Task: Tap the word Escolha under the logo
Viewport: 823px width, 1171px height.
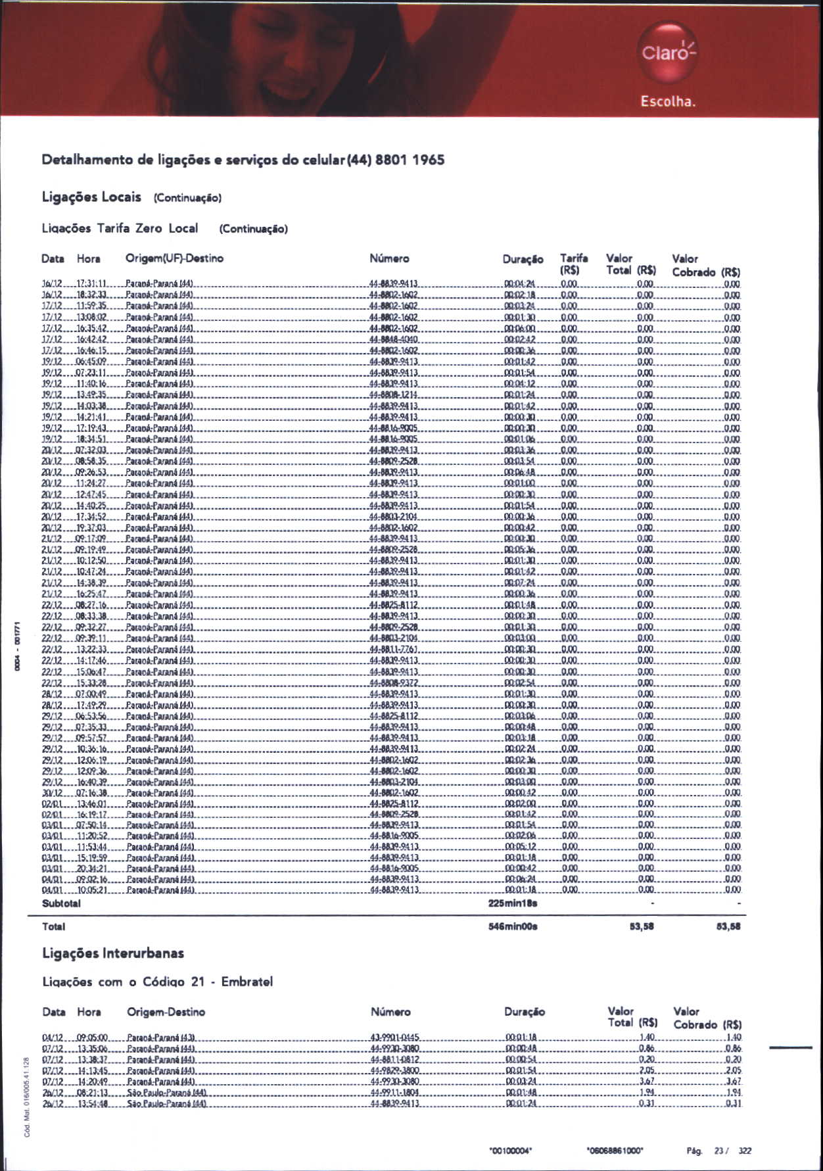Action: [x=668, y=102]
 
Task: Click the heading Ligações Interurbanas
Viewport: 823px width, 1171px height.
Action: [x=113, y=953]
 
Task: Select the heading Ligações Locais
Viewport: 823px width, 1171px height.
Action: [x=91, y=197]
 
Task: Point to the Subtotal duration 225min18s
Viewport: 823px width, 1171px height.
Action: [x=513, y=903]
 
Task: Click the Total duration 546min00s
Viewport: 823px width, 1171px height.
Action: [x=513, y=926]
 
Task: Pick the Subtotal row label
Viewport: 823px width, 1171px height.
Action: [x=61, y=903]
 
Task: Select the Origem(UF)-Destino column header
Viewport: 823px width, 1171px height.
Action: [x=174, y=258]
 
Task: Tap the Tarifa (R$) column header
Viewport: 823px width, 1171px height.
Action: [x=573, y=264]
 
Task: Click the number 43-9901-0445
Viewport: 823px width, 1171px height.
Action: [x=394, y=1038]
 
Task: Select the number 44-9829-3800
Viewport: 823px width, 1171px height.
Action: [x=394, y=1070]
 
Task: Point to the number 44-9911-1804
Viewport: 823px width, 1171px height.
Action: [x=394, y=1092]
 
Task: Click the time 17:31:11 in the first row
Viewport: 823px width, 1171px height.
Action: [x=91, y=284]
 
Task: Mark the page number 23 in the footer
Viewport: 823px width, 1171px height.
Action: [x=719, y=1151]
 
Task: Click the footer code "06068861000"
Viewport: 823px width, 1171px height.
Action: [x=614, y=1151]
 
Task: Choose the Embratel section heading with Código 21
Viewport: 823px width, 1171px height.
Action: [x=157, y=982]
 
